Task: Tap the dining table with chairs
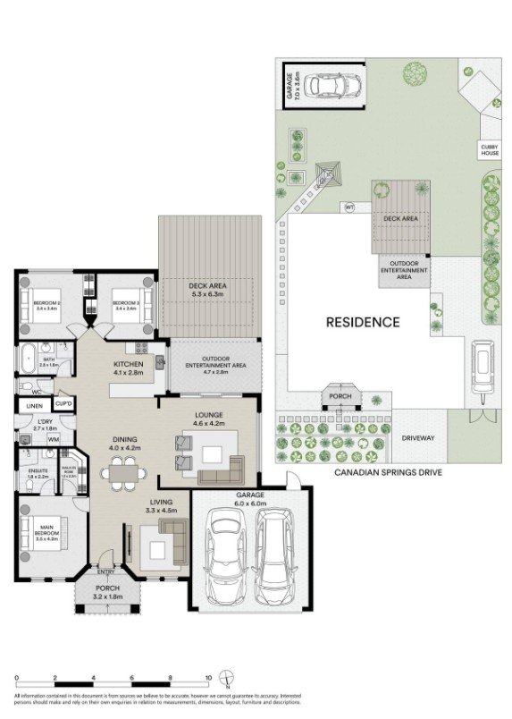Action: tap(122, 469)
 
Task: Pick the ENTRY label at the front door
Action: tap(105, 572)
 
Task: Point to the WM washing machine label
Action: tap(53, 440)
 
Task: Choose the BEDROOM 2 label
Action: tap(46, 304)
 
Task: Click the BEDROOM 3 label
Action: tap(126, 304)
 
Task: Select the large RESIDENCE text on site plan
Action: tap(362, 322)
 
